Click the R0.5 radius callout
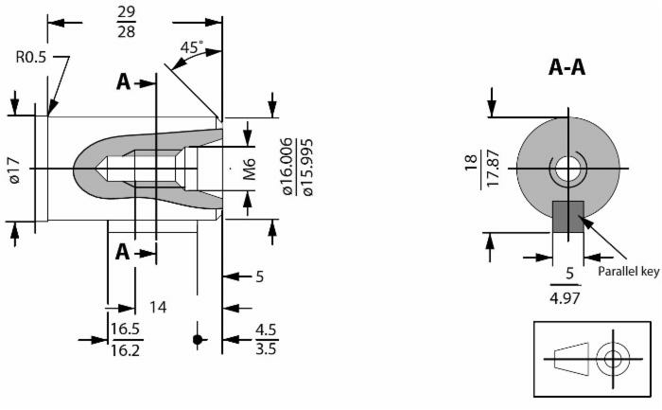click(x=31, y=57)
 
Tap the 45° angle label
click(x=192, y=47)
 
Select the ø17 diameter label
click(x=14, y=169)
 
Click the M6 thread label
click(x=250, y=169)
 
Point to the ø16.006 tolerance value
click(x=287, y=166)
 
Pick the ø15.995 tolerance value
click(x=308, y=167)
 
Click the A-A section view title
click(x=566, y=67)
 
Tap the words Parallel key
click(x=629, y=272)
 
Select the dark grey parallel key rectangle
click(x=568, y=217)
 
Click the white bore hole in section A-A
click(x=567, y=169)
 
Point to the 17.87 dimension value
click(x=493, y=168)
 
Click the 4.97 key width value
click(x=565, y=298)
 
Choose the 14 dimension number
click(x=158, y=308)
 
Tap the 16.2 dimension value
click(x=126, y=350)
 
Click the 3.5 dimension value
click(x=266, y=349)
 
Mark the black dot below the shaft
click(x=197, y=339)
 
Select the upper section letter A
click(x=123, y=82)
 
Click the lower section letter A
click(x=122, y=252)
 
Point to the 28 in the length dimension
click(x=126, y=31)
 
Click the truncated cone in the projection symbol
click(x=571, y=359)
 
